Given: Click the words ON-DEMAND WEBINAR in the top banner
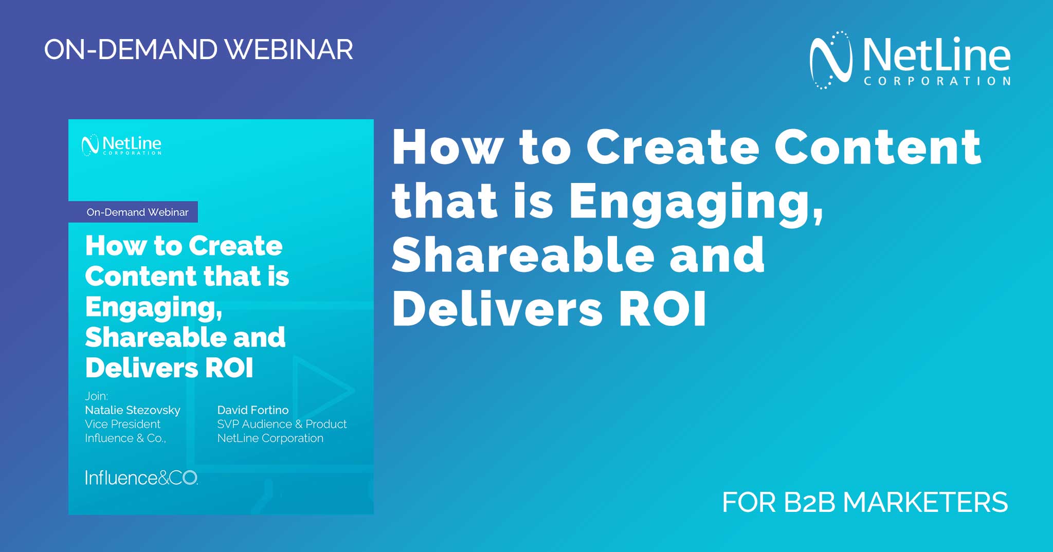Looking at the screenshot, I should tap(198, 50).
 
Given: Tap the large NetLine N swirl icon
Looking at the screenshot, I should tap(830, 60).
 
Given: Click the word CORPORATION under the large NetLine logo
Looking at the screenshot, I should tap(937, 81).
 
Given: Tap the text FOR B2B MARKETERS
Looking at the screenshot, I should tap(865, 502).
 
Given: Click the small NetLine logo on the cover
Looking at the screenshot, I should tap(121, 145).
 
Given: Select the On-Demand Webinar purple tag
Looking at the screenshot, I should tap(134, 212).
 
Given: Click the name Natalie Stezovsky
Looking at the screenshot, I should tap(133, 410).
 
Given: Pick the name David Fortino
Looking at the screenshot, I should tap(253, 410).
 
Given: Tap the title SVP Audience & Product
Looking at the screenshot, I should tap(282, 424).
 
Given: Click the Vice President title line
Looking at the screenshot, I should tap(122, 424).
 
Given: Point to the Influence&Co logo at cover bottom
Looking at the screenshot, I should tap(141, 478).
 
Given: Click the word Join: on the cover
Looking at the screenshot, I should tap(97, 396).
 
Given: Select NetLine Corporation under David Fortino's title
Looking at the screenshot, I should tap(270, 438).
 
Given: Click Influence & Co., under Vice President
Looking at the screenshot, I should tap(125, 438).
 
